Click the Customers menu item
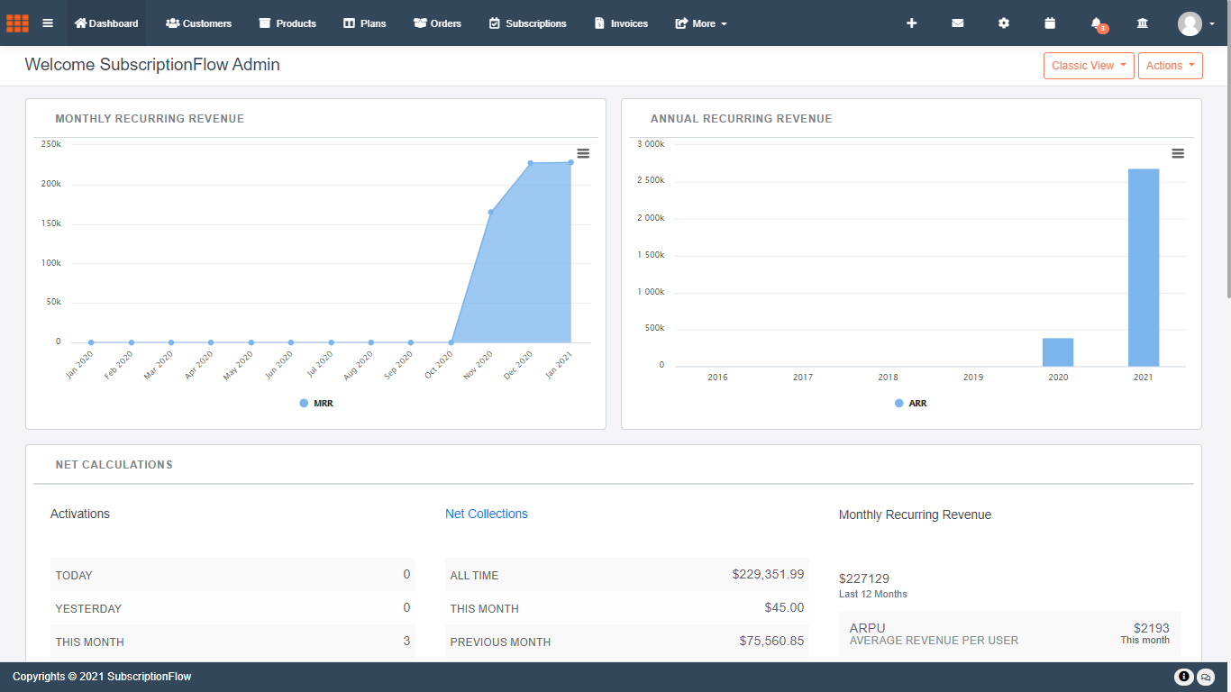point(199,23)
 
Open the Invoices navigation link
point(621,23)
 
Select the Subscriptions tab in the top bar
point(528,23)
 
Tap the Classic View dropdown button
point(1089,66)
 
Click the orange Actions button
point(1170,66)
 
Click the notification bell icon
point(1096,23)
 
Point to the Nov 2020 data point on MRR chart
point(491,213)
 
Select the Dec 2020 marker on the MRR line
point(531,163)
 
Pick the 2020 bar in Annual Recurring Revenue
point(1058,352)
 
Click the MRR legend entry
point(316,404)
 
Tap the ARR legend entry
point(911,404)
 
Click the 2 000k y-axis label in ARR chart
point(650,218)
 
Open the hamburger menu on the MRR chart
point(583,153)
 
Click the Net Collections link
point(487,514)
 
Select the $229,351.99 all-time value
point(768,574)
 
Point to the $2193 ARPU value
point(1151,628)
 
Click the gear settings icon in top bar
point(1004,23)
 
